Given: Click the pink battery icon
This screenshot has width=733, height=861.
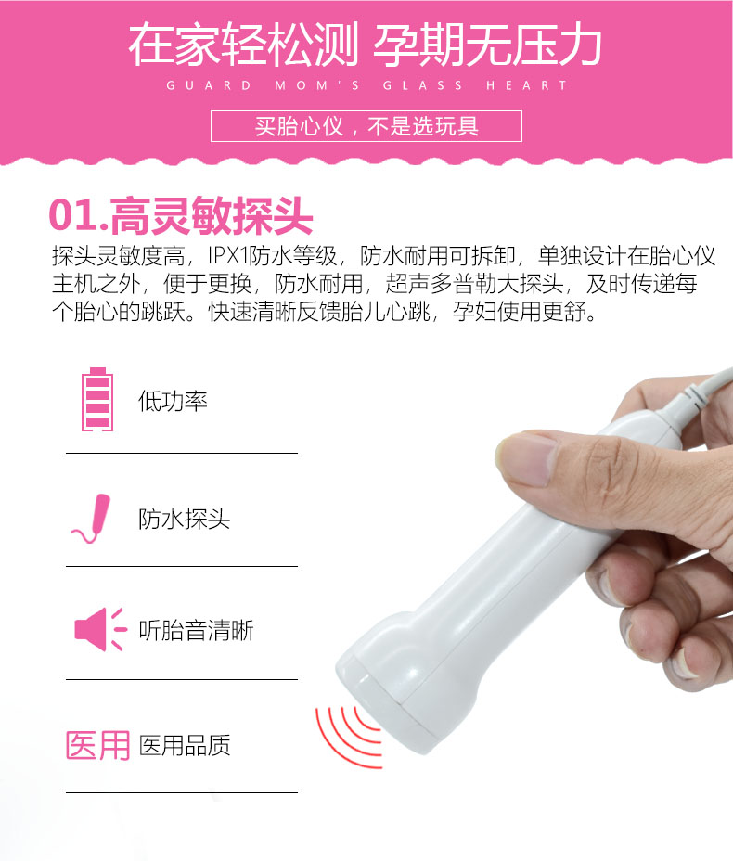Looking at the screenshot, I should (96, 401).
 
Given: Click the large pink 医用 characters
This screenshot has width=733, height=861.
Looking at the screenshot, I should (97, 745).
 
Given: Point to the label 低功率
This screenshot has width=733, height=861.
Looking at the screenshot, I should (173, 402).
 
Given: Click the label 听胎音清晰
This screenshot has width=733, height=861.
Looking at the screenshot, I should (196, 631).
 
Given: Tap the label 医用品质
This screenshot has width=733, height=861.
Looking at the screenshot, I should (185, 745).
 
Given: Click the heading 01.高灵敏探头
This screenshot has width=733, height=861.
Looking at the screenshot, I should (181, 215).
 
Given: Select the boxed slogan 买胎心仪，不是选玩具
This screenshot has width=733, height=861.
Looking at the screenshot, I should (366, 126).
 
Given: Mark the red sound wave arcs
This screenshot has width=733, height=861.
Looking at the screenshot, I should (348, 726).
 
